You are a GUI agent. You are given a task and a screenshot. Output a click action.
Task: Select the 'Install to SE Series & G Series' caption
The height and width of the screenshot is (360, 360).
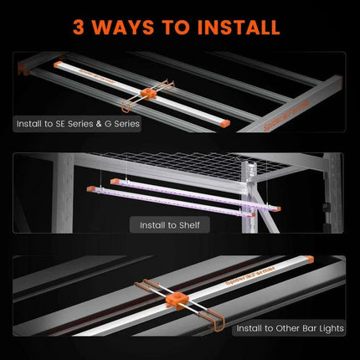click(77, 123)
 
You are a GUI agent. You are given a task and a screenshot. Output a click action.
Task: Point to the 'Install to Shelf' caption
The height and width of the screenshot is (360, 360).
click(171, 224)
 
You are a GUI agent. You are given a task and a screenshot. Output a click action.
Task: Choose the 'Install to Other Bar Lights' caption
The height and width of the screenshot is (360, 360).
click(288, 328)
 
